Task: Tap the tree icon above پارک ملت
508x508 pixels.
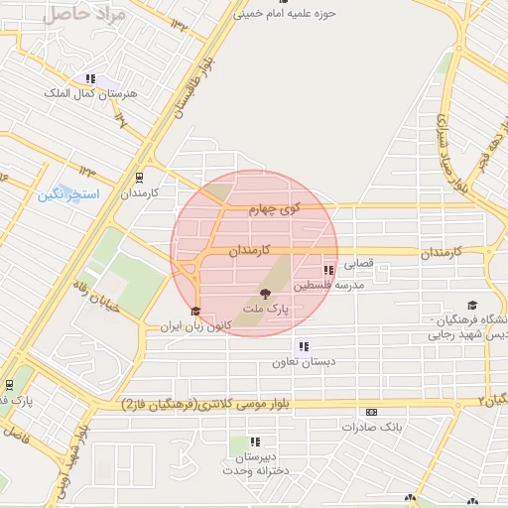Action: tap(264, 294)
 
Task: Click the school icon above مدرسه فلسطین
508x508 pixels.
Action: tap(328, 270)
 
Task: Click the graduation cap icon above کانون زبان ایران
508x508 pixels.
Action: tap(195, 312)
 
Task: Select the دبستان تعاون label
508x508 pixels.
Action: tap(301, 363)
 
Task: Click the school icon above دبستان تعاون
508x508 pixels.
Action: tap(303, 347)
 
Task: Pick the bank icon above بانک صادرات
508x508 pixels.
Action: tap(371, 412)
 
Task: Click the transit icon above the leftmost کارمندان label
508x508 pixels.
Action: tap(138, 179)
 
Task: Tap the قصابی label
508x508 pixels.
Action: tap(358, 266)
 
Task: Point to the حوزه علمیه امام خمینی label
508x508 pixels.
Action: tap(286, 15)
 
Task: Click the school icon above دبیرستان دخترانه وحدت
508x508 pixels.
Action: tap(256, 443)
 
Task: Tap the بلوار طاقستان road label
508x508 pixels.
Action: tap(194, 90)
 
